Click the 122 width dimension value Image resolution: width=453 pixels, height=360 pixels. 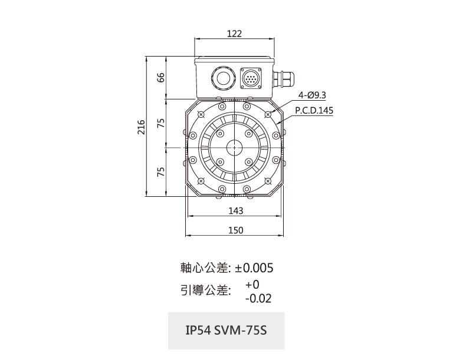coord(234,34)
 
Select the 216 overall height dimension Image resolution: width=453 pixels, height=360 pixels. coord(141,127)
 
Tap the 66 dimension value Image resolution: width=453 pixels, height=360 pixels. coord(160,77)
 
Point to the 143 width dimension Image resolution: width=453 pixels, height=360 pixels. coord(236,211)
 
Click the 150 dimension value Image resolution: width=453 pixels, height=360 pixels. coord(236,230)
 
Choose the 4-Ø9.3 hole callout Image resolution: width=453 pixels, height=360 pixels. coord(312,95)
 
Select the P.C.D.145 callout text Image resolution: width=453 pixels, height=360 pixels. coord(314,111)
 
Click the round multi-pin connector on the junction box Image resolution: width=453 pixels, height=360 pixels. coord(251,78)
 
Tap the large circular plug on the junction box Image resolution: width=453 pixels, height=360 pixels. coord(221,78)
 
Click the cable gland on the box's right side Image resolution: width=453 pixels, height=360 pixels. coord(283,78)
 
